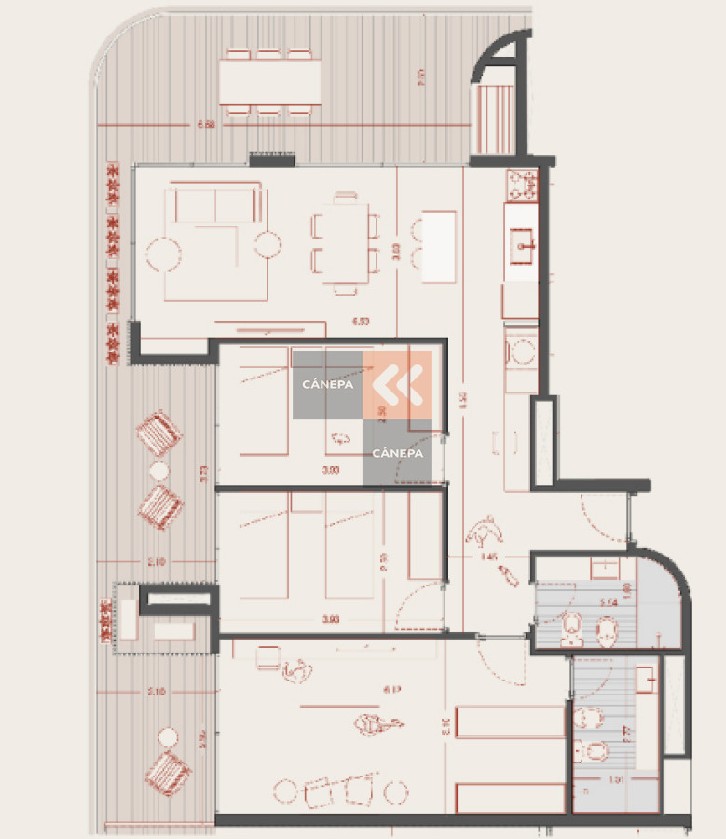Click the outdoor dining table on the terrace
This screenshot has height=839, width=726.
pos(270,83)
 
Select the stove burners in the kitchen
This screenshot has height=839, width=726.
pos(521,184)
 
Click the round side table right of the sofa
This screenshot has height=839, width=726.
pos(268,245)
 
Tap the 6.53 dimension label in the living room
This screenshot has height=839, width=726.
pos(361,322)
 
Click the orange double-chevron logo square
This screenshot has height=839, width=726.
pos(397,384)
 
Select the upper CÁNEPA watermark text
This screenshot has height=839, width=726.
pos(325,384)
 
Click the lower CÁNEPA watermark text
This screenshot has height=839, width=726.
pos(397,453)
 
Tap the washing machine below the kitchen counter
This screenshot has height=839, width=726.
pos(520,352)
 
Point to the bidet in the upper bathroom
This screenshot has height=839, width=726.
pos(571,631)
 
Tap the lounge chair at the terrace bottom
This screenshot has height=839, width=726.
pos(168,772)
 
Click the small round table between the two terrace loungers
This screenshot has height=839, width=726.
pos(159,471)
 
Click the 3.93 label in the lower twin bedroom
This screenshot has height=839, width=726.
pos(329,619)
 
